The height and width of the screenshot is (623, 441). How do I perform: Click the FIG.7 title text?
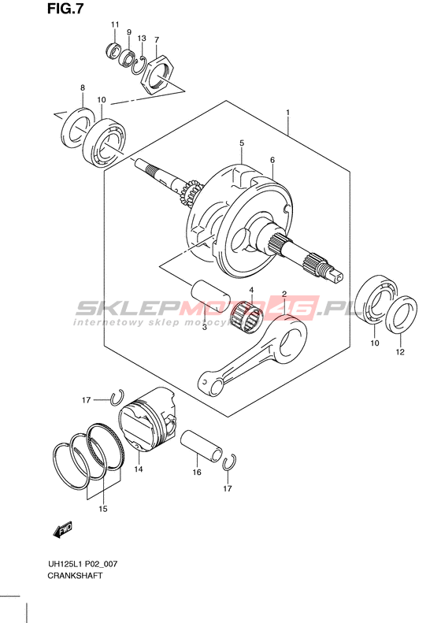click(x=65, y=9)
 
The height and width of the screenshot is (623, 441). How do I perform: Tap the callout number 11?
click(x=115, y=24)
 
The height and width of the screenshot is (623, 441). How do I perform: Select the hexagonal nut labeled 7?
click(x=158, y=74)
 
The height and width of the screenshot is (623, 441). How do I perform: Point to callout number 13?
click(x=142, y=39)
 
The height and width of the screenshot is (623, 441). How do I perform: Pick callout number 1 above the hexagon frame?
click(x=287, y=113)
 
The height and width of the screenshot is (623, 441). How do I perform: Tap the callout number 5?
click(x=242, y=143)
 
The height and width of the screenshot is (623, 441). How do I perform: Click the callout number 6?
click(x=272, y=160)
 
